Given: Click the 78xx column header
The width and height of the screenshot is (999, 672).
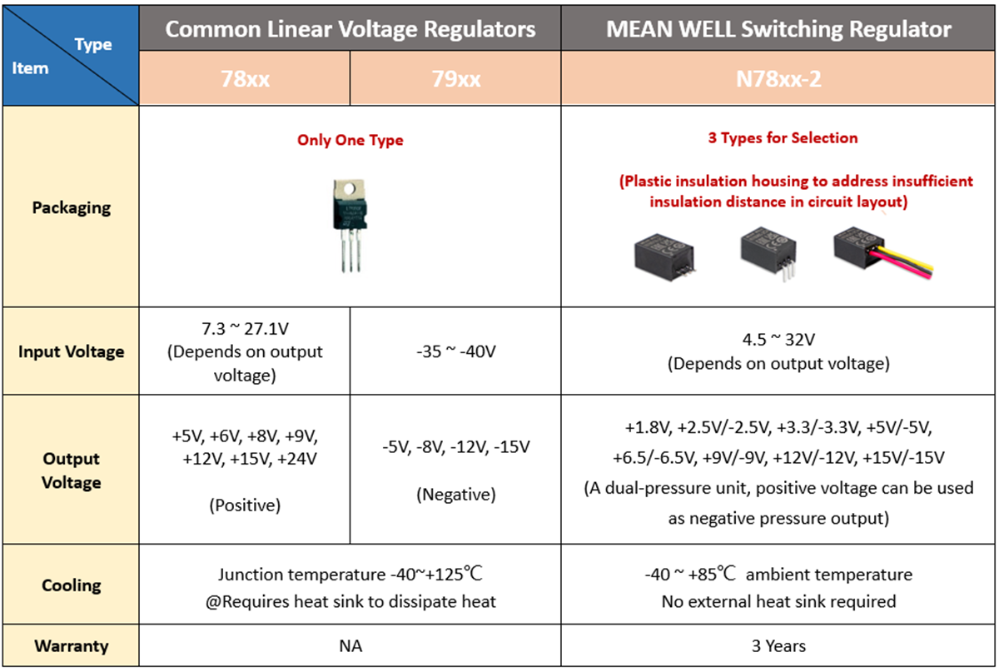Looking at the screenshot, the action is [245, 79].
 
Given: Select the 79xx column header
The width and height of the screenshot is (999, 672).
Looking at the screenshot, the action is [456, 79].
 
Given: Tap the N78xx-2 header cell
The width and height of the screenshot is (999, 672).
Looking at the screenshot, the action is [778, 79].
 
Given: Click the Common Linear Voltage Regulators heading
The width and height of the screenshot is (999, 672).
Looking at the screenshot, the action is [350, 29].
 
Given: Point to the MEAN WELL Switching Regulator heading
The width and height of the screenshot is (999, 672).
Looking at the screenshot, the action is [778, 29].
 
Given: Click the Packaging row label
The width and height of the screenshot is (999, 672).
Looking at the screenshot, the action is [72, 208].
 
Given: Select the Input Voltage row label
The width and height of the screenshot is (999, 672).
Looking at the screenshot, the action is [72, 351].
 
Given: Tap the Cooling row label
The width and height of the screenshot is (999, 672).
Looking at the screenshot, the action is [72, 585].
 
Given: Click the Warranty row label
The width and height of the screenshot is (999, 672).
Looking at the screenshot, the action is [72, 645].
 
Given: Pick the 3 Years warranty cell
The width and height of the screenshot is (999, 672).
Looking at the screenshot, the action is [778, 645].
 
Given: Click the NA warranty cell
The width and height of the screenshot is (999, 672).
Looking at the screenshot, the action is [350, 645].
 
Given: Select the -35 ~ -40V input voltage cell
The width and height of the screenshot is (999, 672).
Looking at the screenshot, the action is [456, 351].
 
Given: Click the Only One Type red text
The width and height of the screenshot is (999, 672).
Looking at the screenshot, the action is [350, 140].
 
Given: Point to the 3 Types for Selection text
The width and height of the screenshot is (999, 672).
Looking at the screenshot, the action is [783, 138].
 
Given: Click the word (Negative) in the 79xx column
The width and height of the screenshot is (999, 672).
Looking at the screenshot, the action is [456, 495].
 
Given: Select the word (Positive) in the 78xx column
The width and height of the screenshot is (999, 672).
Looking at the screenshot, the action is [245, 505].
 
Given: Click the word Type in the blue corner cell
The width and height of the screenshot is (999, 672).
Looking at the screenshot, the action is [93, 45].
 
